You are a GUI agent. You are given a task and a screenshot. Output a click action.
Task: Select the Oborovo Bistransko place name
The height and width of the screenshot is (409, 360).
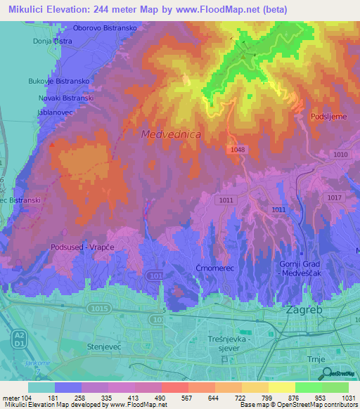(109, 29)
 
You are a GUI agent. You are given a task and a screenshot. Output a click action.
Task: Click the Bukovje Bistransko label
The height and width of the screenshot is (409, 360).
(58, 82)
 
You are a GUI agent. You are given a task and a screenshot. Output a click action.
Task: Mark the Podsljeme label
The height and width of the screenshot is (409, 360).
(329, 117)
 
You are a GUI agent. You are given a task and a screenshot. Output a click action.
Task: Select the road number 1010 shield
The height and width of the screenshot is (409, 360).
(341, 155)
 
